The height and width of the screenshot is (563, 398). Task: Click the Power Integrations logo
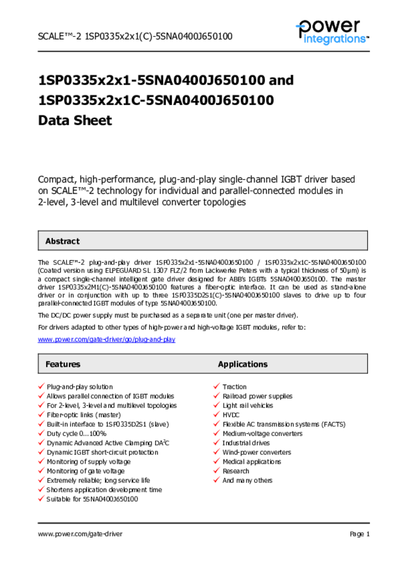331,31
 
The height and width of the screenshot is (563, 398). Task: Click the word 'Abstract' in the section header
62,241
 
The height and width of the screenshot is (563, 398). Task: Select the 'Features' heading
63,364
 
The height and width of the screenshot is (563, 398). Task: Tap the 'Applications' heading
242,364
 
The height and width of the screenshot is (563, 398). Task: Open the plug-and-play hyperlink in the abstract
107,340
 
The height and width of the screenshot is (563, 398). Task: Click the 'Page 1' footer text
360,534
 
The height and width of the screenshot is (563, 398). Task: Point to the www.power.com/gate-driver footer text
80,534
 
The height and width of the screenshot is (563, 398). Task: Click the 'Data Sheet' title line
75,120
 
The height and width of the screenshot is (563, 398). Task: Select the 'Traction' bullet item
235,387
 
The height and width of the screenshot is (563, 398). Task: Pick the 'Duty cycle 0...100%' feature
76,434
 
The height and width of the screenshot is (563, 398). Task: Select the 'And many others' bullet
247,481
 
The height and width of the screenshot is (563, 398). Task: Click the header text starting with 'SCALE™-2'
135,37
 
